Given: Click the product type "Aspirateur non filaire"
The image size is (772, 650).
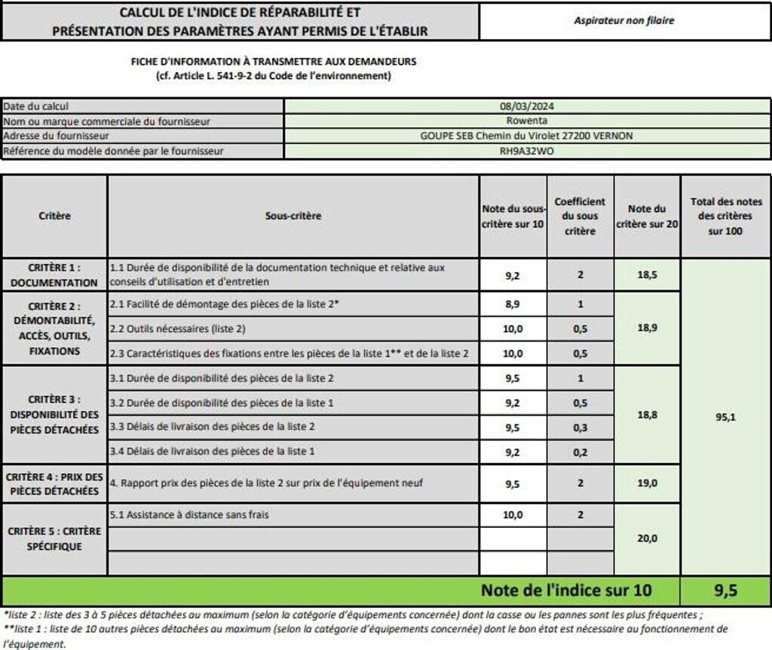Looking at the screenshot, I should click(624, 21).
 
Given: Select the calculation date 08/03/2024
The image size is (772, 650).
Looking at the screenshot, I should click(527, 106).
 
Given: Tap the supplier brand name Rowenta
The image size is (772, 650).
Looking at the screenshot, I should click(527, 121).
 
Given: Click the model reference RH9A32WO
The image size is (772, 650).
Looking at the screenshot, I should click(527, 150).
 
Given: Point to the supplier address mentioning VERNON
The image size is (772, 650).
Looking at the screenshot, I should click(527, 136).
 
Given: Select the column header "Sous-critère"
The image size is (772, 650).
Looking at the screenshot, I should click(293, 216).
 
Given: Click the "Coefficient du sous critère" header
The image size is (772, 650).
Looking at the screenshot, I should click(580, 216).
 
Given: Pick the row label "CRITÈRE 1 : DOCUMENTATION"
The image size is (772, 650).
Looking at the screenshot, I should click(54, 275).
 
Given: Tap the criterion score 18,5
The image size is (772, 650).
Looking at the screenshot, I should click(647, 275).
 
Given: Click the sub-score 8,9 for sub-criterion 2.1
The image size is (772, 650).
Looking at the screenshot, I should click(513, 304).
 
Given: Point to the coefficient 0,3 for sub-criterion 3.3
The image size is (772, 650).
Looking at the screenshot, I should click(580, 427).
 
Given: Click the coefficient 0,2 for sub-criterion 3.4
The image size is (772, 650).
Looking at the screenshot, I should click(580, 451).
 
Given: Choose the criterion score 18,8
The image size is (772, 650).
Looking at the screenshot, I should click(647, 415).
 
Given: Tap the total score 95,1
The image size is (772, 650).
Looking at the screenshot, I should click(725, 416).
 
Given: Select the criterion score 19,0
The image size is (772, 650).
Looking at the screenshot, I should click(647, 483).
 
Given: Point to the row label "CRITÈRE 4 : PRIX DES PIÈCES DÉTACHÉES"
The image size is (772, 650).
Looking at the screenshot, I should click(54, 483).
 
